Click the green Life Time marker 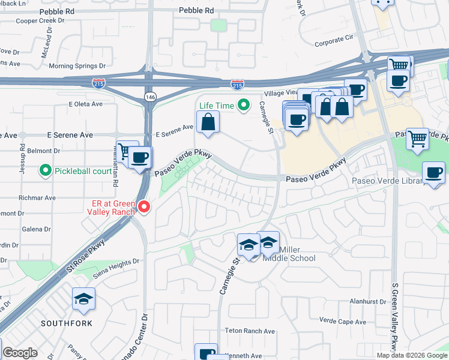[x=243, y=106]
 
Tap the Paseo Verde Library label [x=388, y=181]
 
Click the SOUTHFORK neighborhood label [x=67, y=323]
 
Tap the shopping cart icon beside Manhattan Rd [x=126, y=151]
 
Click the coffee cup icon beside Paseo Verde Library [x=434, y=172]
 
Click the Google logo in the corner [x=20, y=353]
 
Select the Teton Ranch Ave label [x=250, y=331]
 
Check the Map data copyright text [x=411, y=355]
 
